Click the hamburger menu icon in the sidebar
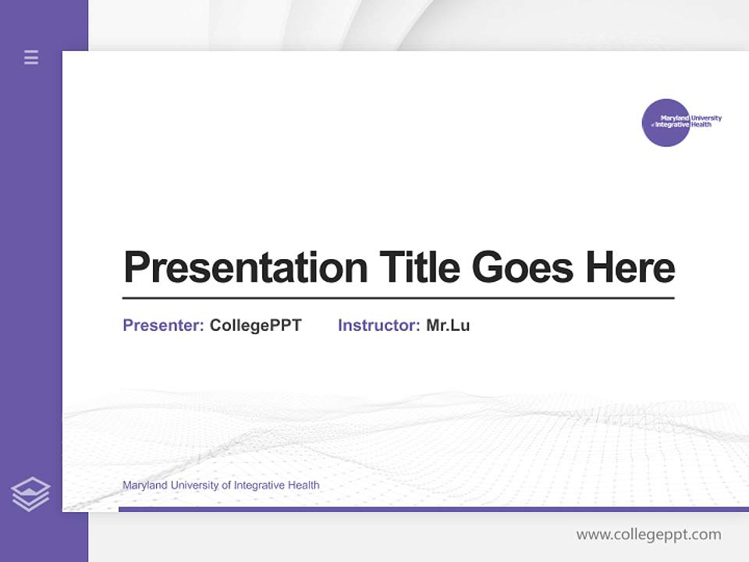(x=31, y=57)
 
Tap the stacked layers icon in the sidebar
(x=30, y=494)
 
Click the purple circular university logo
(x=666, y=123)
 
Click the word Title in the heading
(x=419, y=267)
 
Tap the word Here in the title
(x=630, y=267)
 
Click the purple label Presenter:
(x=163, y=325)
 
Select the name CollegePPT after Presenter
(x=255, y=325)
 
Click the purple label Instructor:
(x=378, y=325)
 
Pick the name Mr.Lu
(x=448, y=325)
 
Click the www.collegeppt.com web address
(x=648, y=535)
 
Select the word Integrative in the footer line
(x=259, y=486)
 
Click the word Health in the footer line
(x=304, y=486)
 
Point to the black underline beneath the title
(x=398, y=297)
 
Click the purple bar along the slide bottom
(x=429, y=509)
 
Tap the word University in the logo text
(x=706, y=119)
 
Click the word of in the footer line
(x=226, y=486)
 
